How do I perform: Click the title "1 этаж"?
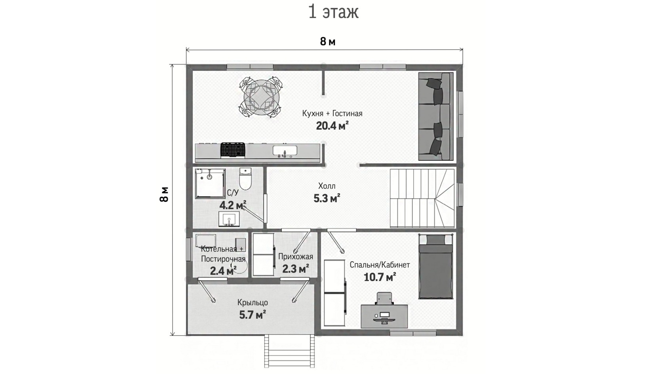[333, 12]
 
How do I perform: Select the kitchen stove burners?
[233, 150]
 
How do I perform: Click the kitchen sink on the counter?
[285, 151]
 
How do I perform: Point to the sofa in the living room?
[436, 117]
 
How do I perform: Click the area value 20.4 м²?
[332, 126]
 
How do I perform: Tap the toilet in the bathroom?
[245, 179]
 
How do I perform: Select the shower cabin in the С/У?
[210, 184]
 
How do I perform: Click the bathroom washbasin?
[229, 219]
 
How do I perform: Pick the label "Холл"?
[327, 186]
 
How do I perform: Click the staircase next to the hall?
[422, 198]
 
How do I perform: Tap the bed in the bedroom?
[436, 266]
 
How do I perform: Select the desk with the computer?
[384, 316]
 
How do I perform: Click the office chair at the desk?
[384, 298]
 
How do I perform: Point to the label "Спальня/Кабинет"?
[380, 265]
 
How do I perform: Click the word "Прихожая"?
[296, 257]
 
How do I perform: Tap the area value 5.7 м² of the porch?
[253, 315]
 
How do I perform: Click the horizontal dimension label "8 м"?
[328, 42]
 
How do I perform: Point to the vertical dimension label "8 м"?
[164, 194]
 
